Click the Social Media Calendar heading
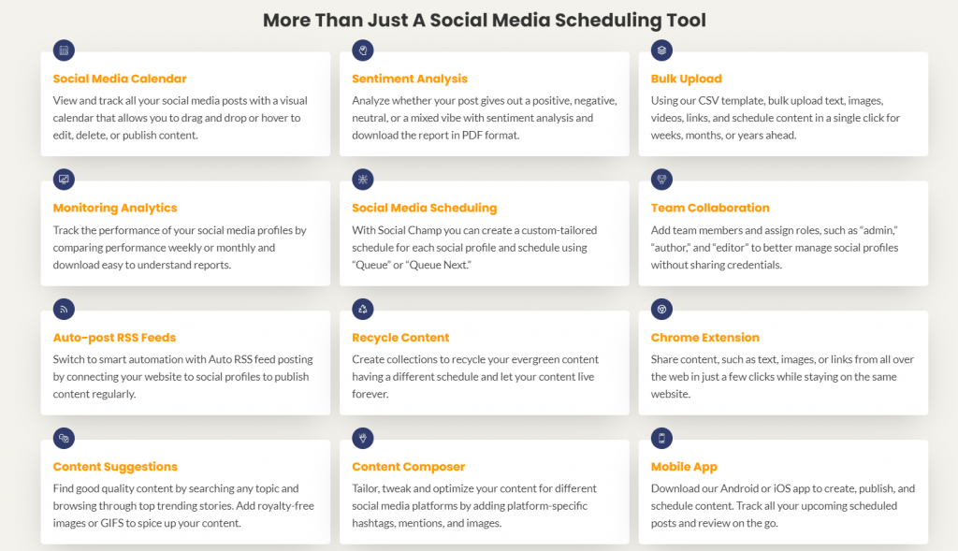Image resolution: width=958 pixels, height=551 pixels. [120, 79]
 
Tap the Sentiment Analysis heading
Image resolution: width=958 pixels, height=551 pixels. [410, 79]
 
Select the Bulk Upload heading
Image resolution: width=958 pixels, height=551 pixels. [686, 79]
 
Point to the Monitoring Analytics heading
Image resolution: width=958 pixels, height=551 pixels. [115, 209]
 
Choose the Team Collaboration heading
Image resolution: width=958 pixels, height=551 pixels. [710, 208]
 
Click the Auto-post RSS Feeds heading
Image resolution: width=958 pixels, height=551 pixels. [114, 337]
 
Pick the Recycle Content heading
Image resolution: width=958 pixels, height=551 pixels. [400, 338]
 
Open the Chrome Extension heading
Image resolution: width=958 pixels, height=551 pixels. [705, 337]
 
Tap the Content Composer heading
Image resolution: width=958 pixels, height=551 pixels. [408, 467]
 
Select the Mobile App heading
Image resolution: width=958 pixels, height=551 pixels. [684, 467]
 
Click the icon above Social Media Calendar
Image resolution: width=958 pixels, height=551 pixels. [64, 51]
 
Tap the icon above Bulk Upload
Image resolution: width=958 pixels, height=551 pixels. [661, 51]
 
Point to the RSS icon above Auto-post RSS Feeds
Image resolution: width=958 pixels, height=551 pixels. [64, 309]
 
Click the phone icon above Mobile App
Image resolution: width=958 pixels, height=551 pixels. [661, 438]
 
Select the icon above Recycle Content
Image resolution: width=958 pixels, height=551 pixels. [363, 309]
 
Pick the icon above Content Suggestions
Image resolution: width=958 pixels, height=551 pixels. [64, 438]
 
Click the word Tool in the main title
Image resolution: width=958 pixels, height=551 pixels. [687, 21]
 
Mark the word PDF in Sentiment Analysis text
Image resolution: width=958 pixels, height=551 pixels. [472, 135]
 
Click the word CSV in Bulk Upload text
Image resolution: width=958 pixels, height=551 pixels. [708, 101]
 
